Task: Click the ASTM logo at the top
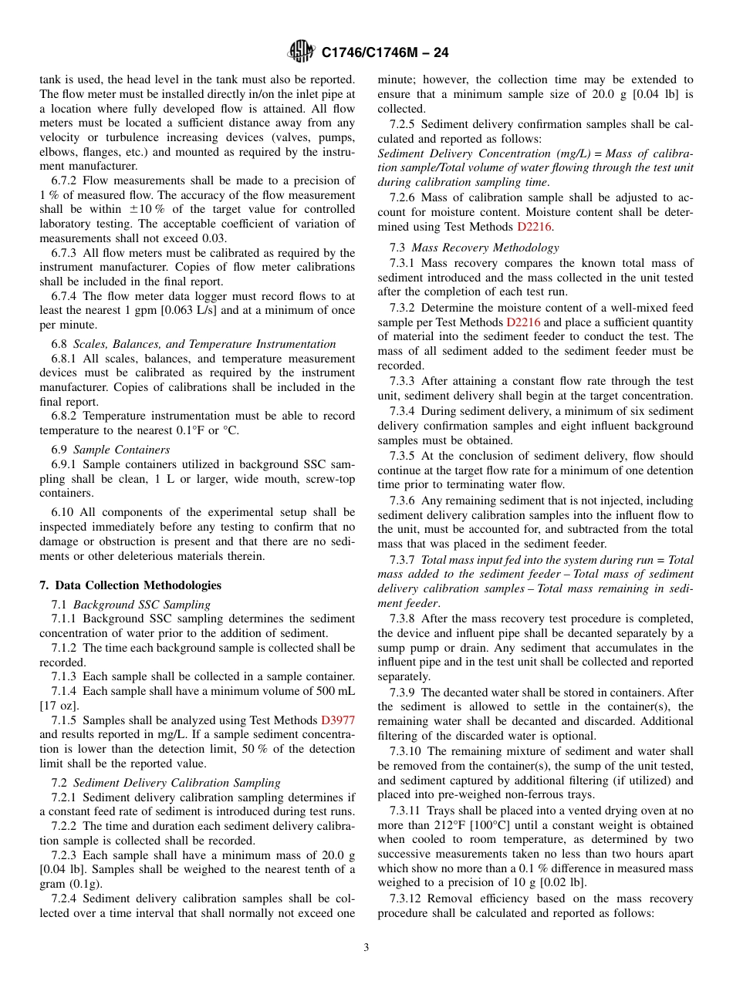point(301,52)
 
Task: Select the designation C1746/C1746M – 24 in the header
point(384,52)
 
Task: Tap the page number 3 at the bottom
point(366,947)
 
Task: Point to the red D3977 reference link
point(338,720)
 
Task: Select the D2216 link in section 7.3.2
point(523,322)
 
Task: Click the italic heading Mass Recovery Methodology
point(485,248)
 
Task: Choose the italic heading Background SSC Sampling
point(141,605)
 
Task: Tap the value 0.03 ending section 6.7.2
point(214,238)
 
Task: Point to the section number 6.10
point(63,512)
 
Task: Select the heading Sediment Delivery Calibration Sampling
point(177,782)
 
